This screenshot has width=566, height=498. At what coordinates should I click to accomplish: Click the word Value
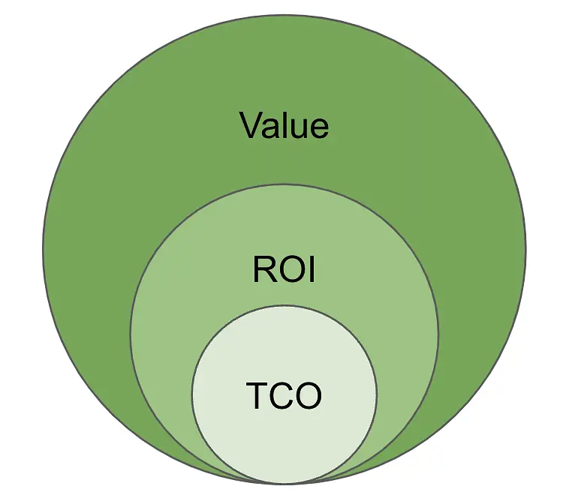pos(284,125)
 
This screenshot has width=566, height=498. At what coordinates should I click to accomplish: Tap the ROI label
pos(284,270)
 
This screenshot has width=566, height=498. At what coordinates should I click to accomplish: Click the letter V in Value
pos(252,125)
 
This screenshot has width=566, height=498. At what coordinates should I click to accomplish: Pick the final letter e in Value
pos(318,128)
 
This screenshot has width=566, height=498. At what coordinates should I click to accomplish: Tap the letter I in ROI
pos(310,270)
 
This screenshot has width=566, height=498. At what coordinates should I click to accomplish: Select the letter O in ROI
pos(290,270)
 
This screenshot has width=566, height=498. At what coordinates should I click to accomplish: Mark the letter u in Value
pos(301,128)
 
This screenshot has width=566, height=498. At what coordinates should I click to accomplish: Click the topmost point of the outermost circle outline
pos(284,15)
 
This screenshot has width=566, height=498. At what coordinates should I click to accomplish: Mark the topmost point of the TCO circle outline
pos(284,305)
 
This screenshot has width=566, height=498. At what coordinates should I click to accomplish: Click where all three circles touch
pos(284,483)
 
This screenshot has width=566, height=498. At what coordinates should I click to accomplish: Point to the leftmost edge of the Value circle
pos(44,249)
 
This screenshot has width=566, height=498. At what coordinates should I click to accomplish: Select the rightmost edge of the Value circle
pos(525,249)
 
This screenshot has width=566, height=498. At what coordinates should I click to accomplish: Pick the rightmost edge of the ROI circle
pos(438,332)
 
